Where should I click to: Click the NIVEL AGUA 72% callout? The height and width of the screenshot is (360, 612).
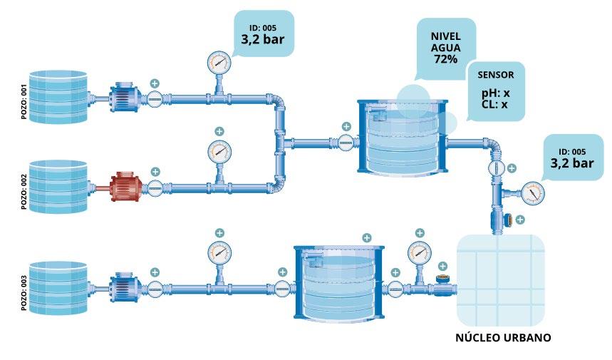[x=445, y=47]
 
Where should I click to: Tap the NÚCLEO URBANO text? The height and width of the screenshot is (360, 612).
[x=503, y=336]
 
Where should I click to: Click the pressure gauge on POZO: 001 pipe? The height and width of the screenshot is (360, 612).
[x=219, y=63]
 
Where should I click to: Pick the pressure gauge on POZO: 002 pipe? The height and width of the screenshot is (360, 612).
[x=219, y=151]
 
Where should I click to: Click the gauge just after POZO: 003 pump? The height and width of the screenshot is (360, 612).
[x=219, y=252]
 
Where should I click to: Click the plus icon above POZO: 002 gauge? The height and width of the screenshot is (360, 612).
[x=219, y=131]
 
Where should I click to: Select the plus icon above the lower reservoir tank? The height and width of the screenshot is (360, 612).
[x=366, y=237]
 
